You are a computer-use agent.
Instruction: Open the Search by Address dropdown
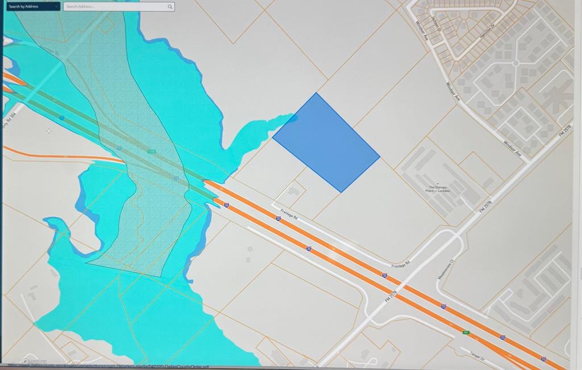tap(32, 7)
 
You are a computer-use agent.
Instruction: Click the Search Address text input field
tap(114, 7)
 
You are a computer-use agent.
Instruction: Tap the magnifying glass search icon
tap(170, 7)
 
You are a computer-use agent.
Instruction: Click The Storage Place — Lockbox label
tap(438, 189)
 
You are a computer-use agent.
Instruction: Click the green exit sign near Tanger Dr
tap(466, 333)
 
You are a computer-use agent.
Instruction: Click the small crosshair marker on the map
tap(49, 131)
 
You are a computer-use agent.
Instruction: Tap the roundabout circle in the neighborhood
tap(515, 63)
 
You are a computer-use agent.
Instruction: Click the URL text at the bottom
tap(114, 366)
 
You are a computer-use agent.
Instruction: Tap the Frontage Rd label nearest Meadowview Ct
tap(400, 265)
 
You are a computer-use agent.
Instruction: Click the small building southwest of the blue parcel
tap(293, 191)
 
